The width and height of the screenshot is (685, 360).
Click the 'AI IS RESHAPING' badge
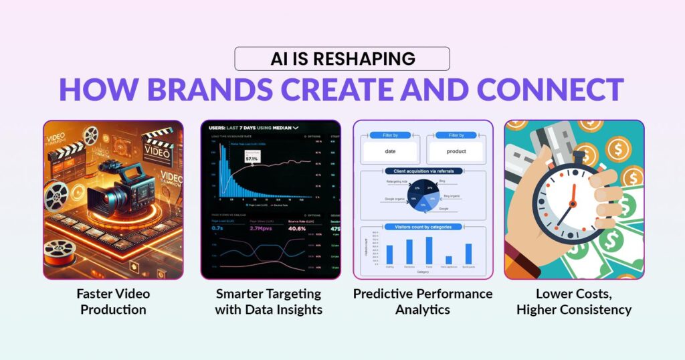(342, 59)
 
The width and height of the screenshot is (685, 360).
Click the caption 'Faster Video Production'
(113, 302)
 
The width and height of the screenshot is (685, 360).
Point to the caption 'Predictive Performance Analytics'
(423, 302)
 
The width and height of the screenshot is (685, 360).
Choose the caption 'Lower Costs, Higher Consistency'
(574, 302)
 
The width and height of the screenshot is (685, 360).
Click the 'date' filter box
(390, 151)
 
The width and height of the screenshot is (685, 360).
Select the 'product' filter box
(456, 151)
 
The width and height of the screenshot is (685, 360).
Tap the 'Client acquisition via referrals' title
(423, 172)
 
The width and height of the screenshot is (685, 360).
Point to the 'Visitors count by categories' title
(423, 228)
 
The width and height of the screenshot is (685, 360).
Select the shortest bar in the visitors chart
(448, 260)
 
